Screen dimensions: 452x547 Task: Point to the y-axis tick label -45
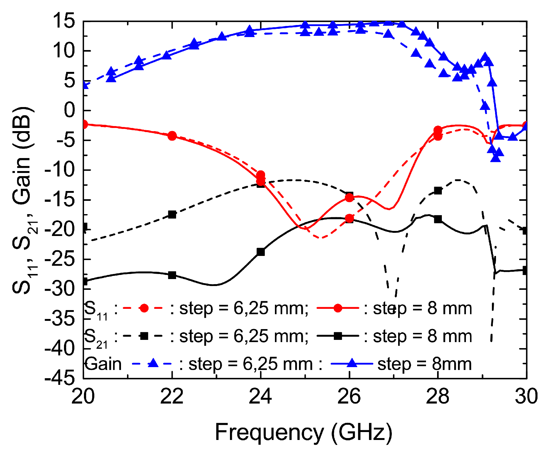pyautogui.click(x=60, y=378)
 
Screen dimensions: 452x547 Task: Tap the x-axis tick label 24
pyautogui.click(x=260, y=396)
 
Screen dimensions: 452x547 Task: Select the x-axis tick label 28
pyautogui.click(x=438, y=396)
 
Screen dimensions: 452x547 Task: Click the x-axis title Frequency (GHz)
pyautogui.click(x=304, y=432)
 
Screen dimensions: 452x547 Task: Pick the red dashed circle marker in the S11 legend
pyautogui.click(x=144, y=308)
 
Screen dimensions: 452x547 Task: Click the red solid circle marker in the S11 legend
pyautogui.click(x=338, y=308)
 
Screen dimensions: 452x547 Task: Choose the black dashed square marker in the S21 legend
pyautogui.click(x=144, y=336)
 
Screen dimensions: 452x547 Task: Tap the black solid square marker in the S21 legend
pyautogui.click(x=338, y=336)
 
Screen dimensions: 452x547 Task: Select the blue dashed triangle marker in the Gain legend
pyautogui.click(x=153, y=363)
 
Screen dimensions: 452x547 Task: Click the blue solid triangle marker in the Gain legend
pyautogui.click(x=352, y=363)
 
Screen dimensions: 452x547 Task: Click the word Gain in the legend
pyautogui.click(x=103, y=364)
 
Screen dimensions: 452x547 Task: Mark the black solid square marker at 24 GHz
pyautogui.click(x=261, y=252)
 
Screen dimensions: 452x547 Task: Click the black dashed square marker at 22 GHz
pyautogui.click(x=172, y=214)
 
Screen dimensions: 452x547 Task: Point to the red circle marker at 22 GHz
pyautogui.click(x=172, y=136)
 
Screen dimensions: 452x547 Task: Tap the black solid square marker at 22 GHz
pyautogui.click(x=172, y=275)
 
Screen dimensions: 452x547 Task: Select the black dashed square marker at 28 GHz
pyautogui.click(x=438, y=191)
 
